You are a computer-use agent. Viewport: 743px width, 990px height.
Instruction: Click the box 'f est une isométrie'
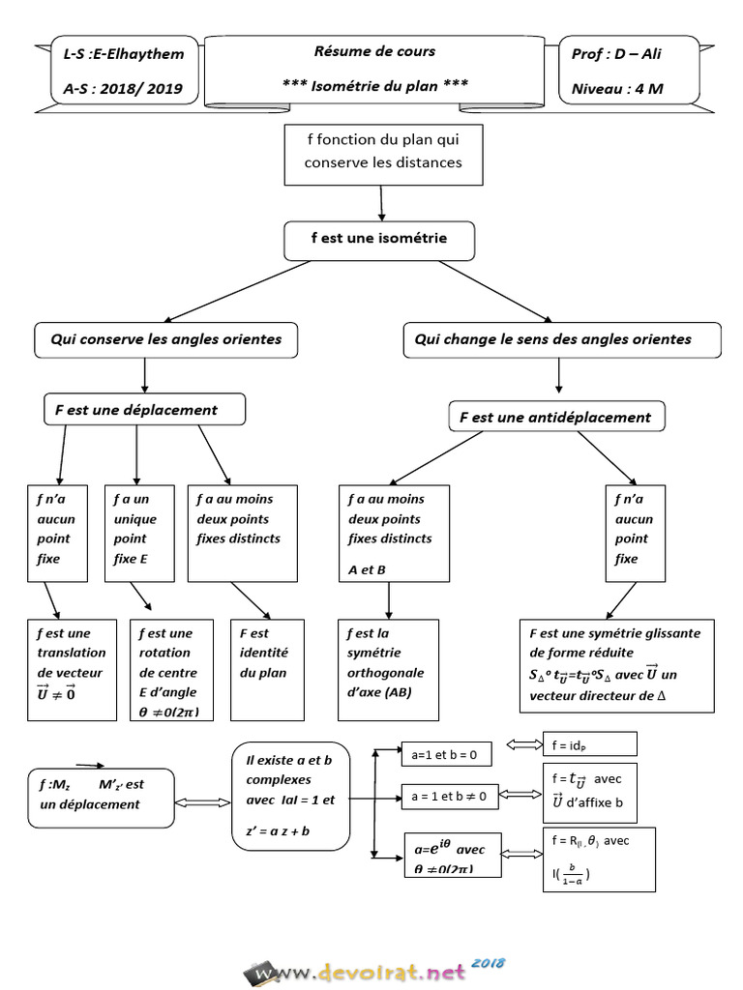tap(378, 240)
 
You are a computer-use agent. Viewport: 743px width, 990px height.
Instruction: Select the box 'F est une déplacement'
tap(144, 410)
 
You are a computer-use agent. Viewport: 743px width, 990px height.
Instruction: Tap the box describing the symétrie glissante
tap(616, 665)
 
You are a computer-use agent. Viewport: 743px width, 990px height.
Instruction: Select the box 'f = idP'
tap(589, 744)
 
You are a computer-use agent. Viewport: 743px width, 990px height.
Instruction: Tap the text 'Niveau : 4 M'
tap(617, 90)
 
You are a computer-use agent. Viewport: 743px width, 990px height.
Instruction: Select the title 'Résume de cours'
tap(374, 51)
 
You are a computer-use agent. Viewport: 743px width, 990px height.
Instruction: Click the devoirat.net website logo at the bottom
tap(372, 970)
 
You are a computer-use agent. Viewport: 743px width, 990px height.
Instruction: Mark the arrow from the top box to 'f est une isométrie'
tap(383, 203)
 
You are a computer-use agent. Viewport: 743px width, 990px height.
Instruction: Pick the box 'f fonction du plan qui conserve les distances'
tap(383, 154)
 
